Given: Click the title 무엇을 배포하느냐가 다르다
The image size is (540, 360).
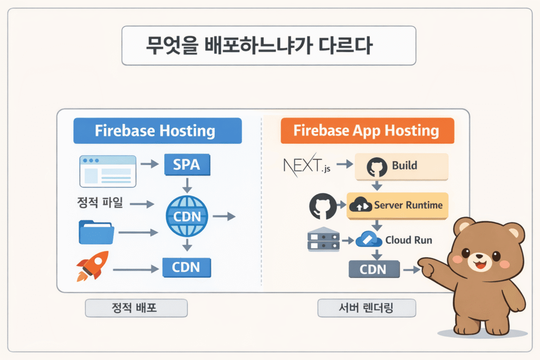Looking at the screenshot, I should tap(269, 46).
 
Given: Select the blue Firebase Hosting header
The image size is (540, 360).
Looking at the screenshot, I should tap(157, 130).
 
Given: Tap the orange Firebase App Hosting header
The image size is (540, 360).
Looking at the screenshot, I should tap(367, 130).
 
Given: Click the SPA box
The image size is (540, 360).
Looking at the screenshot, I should tap(187, 165).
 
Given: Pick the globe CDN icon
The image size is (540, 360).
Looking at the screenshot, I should tap(187, 216).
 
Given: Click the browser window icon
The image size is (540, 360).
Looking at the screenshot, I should tap(108, 171).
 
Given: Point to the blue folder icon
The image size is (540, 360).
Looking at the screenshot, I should tap(97, 232).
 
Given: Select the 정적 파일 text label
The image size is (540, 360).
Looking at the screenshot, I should tap(99, 202).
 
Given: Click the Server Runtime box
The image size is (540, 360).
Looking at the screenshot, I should tap(398, 205).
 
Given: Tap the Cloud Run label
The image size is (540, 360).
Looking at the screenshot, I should tap(408, 240).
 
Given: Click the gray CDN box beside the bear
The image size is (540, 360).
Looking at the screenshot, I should tap(373, 270).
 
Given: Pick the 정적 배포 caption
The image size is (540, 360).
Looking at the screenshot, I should tap(136, 308).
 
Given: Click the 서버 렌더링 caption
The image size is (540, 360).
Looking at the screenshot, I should tap(367, 308).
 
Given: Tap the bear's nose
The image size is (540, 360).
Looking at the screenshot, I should tap(483, 258).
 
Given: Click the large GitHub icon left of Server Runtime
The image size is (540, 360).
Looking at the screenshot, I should tap(323, 206).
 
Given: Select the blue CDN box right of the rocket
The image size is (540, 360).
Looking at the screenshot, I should tap(187, 268).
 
